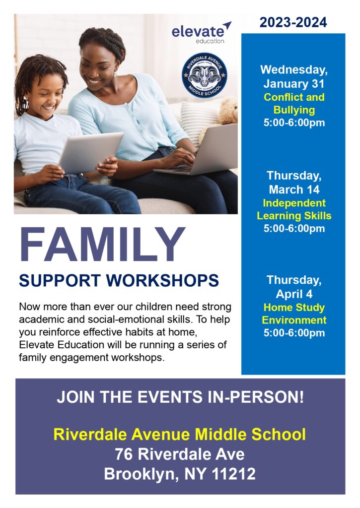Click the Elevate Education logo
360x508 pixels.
click(x=201, y=32)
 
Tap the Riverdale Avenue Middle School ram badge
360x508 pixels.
click(x=204, y=75)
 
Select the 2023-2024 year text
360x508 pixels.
click(x=293, y=22)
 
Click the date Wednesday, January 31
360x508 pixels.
click(x=294, y=76)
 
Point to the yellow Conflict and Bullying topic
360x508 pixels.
click(x=294, y=103)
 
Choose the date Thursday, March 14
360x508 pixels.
click(x=294, y=183)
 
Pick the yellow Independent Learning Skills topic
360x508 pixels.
click(x=294, y=209)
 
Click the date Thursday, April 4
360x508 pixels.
click(x=294, y=287)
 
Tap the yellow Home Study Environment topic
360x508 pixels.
click(x=294, y=314)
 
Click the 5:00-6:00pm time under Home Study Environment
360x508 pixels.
click(x=294, y=333)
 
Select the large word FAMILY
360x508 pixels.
click(x=102, y=245)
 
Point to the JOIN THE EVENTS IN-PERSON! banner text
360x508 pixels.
click(x=180, y=397)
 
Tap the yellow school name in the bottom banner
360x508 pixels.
click(x=180, y=434)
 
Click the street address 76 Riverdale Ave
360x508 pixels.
click(x=180, y=454)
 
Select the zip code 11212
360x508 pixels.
click(x=233, y=474)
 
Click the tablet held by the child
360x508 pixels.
click(x=90, y=152)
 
